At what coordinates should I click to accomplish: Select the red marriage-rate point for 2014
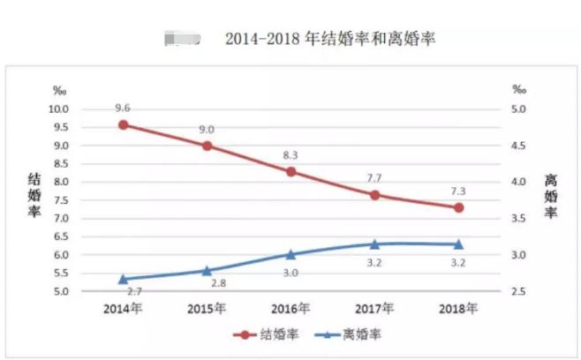[x=123, y=124]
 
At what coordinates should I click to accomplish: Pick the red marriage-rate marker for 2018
[x=458, y=207]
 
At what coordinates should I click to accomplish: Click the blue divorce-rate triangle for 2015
[x=207, y=270]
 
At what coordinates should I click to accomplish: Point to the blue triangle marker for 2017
[x=374, y=244]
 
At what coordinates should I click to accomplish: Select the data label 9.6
[x=123, y=108]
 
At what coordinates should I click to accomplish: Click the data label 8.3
[x=290, y=154]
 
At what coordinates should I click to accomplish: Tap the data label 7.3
[x=458, y=191]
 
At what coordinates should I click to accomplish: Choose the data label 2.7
[x=134, y=290]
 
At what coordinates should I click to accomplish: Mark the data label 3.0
[x=290, y=273]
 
